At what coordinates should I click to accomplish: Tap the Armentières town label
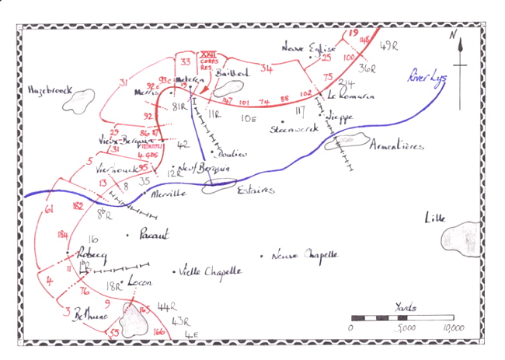click(397, 145)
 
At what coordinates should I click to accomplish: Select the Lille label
click(436, 218)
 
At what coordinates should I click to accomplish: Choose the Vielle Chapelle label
click(210, 271)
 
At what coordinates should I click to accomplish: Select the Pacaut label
click(152, 235)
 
